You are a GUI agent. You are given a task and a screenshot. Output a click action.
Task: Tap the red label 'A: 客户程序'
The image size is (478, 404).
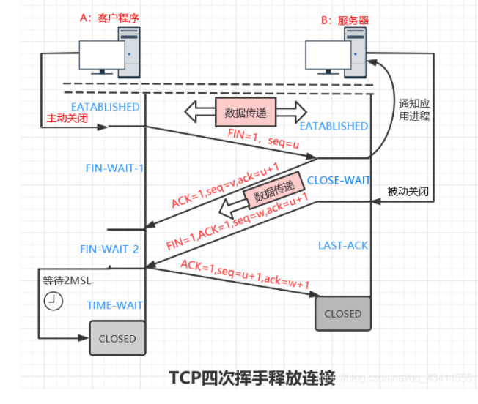click(x=111, y=19)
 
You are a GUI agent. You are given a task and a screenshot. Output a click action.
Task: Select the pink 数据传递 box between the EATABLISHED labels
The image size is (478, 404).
click(x=245, y=113)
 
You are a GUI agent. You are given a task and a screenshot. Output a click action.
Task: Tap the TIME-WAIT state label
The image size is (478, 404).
click(x=115, y=304)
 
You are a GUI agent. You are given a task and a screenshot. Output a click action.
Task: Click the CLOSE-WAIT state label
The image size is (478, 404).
click(x=338, y=180)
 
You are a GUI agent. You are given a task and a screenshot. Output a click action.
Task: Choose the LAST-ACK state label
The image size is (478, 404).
click(x=342, y=245)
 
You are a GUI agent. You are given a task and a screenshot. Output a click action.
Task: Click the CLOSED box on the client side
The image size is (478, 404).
click(x=117, y=338)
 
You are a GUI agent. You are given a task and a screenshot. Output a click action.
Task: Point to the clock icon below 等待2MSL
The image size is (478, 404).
click(x=52, y=300)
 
